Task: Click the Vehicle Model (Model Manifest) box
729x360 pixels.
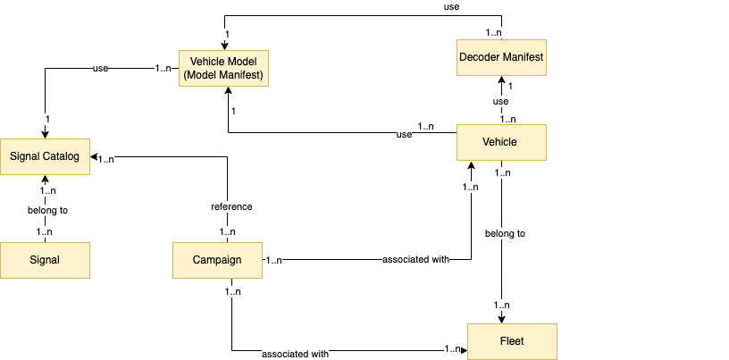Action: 223,68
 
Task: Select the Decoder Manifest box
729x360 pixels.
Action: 500,58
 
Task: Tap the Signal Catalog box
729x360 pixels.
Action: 45,156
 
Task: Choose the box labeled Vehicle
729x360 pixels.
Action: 500,141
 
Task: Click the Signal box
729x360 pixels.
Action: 45,260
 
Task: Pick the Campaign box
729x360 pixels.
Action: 217,260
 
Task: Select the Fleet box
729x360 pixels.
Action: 512,341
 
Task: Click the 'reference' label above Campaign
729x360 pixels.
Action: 231,206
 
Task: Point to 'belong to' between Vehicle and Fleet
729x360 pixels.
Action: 505,233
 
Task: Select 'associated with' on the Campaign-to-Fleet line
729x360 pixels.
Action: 295,354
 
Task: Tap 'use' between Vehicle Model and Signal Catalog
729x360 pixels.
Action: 101,68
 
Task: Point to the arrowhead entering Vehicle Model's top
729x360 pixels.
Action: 223,46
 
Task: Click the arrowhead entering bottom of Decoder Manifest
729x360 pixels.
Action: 500,80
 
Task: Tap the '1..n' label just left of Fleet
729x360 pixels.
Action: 453,348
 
